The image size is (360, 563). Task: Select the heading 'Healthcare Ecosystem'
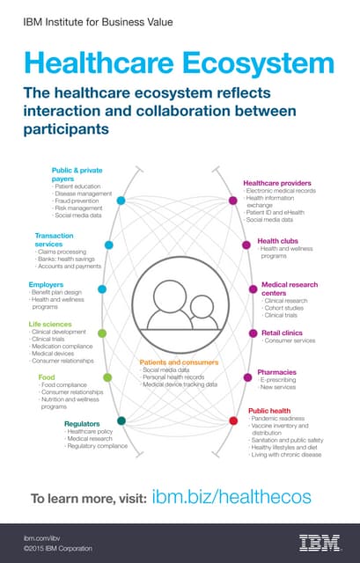pyautogui.click(x=180, y=62)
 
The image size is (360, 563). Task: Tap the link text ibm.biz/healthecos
pyautogui.click(x=231, y=497)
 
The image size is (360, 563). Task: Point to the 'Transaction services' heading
pyautogui.click(x=54, y=239)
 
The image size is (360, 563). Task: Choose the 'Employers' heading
pyautogui.click(x=46, y=285)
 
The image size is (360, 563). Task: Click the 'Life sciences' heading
pyautogui.click(x=51, y=324)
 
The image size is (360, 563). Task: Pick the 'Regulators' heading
pyautogui.click(x=82, y=423)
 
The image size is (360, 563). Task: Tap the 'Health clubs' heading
pyautogui.click(x=276, y=240)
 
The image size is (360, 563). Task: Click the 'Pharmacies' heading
pyautogui.click(x=276, y=372)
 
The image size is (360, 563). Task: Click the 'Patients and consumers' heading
pyautogui.click(x=179, y=362)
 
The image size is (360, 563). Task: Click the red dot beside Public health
pyautogui.click(x=233, y=420)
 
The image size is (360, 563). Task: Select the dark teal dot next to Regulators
pyautogui.click(x=121, y=420)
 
